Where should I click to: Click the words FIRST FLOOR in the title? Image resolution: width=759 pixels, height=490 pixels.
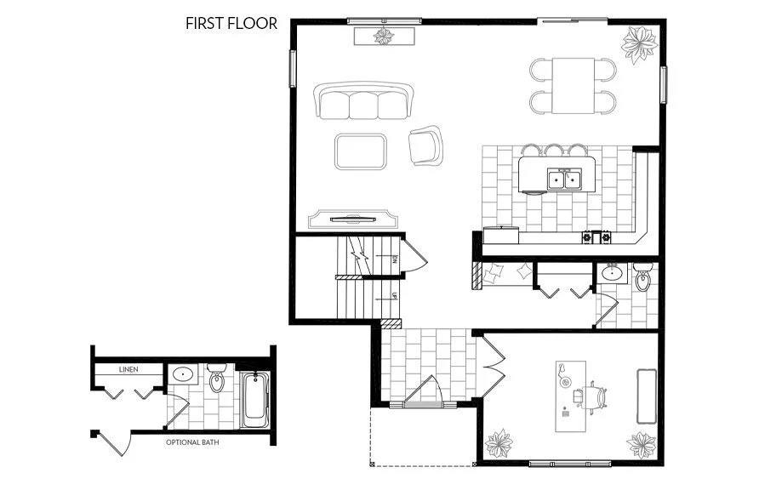231,23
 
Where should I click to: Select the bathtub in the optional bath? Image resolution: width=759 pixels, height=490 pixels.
254,400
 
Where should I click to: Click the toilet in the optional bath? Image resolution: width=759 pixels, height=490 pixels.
217,379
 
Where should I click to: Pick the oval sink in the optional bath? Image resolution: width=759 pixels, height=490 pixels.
183,374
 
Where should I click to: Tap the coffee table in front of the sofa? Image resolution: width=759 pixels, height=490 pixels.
361,151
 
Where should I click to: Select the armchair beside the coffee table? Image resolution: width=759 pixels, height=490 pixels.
425,145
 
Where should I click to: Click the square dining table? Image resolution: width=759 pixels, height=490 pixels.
573,85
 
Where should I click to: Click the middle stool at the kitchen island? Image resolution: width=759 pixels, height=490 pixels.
555,151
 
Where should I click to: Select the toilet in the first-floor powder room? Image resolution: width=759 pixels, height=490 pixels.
642,279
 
